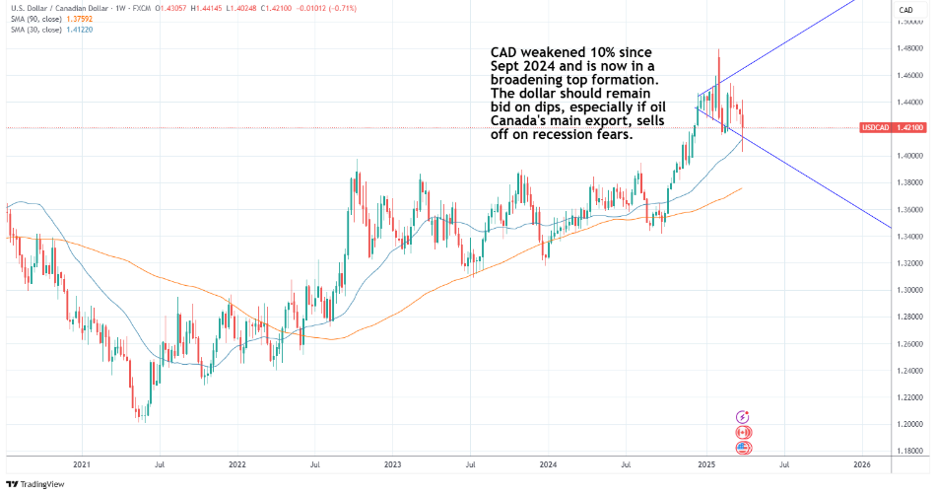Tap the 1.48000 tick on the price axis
coord(908,47)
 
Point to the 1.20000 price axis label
coord(908,424)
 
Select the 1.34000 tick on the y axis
coord(908,236)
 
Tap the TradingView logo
coord(34,484)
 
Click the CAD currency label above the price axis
coord(904,9)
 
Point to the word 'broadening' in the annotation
coord(532,80)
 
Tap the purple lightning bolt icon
coord(744,418)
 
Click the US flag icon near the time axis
coord(744,448)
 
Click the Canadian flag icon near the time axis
coord(744,433)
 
